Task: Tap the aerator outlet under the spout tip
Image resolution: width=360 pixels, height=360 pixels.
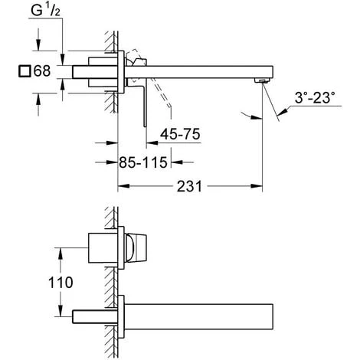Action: click(261, 81)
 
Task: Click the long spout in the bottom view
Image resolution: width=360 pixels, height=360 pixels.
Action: click(199, 314)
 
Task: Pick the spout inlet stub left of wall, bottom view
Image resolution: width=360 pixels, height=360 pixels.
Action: click(92, 314)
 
